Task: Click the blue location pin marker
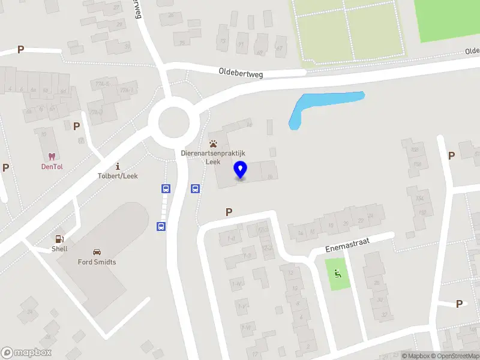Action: pos(240,170)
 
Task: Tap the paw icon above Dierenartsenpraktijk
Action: pos(213,143)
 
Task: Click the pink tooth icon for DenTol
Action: pos(51,155)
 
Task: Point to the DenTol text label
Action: pos(52,166)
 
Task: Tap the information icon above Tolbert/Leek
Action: pos(118,166)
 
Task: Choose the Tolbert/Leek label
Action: pos(117,176)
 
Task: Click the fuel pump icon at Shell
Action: pos(59,239)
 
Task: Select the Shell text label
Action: pos(59,248)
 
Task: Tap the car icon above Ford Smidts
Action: pos(97,252)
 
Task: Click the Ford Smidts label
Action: pos(97,262)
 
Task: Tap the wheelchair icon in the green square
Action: pos(337,274)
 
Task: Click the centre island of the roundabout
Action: pos(178,123)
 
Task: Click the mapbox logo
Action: pos(26,352)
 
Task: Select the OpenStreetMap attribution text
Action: pos(454,356)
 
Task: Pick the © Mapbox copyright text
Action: pos(417,356)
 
